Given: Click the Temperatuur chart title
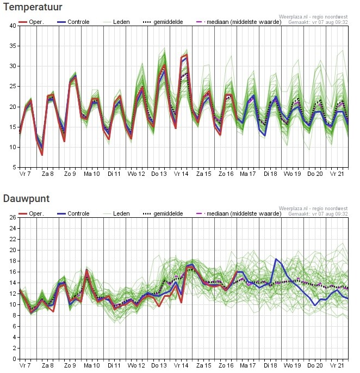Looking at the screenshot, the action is [33, 7].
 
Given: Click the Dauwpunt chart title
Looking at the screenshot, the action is [27, 199].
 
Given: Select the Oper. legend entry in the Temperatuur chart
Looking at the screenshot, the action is [32, 22].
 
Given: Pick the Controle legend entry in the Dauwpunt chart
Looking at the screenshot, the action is [73, 213].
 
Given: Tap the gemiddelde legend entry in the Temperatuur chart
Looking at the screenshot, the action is [163, 22].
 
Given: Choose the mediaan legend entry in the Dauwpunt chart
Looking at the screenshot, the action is [239, 213].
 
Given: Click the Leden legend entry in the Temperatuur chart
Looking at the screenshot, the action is [116, 22].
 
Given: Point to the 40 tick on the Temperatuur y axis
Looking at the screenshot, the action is [13, 26].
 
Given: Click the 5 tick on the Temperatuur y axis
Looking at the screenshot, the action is [15, 167].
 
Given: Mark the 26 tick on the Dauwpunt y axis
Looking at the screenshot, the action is [13, 217].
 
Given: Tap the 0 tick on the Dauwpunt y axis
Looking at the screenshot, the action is [15, 359].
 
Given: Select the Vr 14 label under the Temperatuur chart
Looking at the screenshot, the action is [181, 174].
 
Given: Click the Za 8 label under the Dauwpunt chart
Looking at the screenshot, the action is [47, 365].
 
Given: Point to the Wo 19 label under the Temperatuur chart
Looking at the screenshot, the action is [292, 174].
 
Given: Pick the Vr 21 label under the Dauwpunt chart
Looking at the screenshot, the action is [337, 365].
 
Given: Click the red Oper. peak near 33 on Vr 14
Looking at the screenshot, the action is [187, 55].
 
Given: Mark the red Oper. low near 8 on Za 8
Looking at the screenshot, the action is [42, 155].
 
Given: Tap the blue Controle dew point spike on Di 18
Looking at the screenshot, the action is [276, 259].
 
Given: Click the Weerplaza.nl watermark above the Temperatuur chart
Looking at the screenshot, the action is [313, 17].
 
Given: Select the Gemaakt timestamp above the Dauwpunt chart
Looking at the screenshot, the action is [318, 214].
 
